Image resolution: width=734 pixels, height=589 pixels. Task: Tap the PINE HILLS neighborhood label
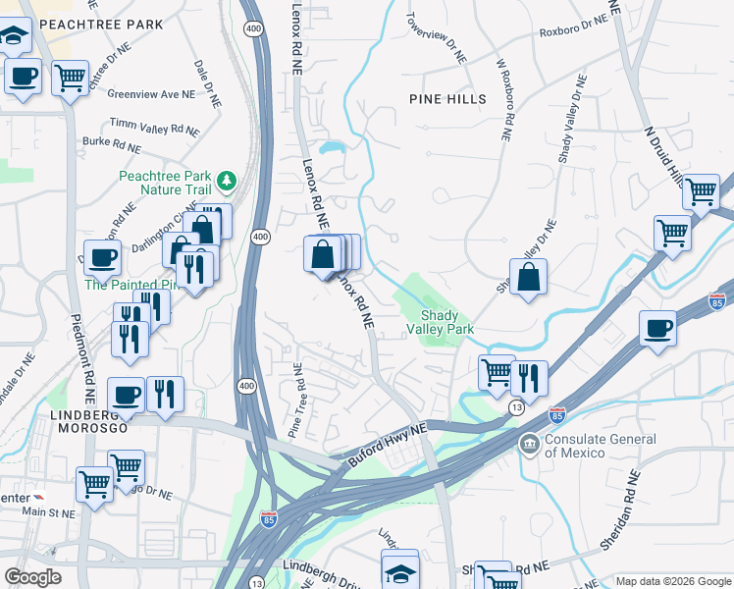tap(447, 99)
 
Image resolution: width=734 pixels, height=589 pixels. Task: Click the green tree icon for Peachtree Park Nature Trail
tap(227, 181)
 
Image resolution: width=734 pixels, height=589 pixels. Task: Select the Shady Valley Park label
tap(447, 322)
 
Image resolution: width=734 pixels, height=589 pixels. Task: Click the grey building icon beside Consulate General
tap(530, 445)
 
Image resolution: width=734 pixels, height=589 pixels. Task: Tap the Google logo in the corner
tap(32, 576)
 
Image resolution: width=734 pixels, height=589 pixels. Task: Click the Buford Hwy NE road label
tap(389, 445)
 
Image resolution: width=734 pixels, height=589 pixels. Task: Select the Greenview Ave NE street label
tap(152, 94)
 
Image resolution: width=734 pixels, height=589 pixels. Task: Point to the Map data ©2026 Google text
tap(673, 581)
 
